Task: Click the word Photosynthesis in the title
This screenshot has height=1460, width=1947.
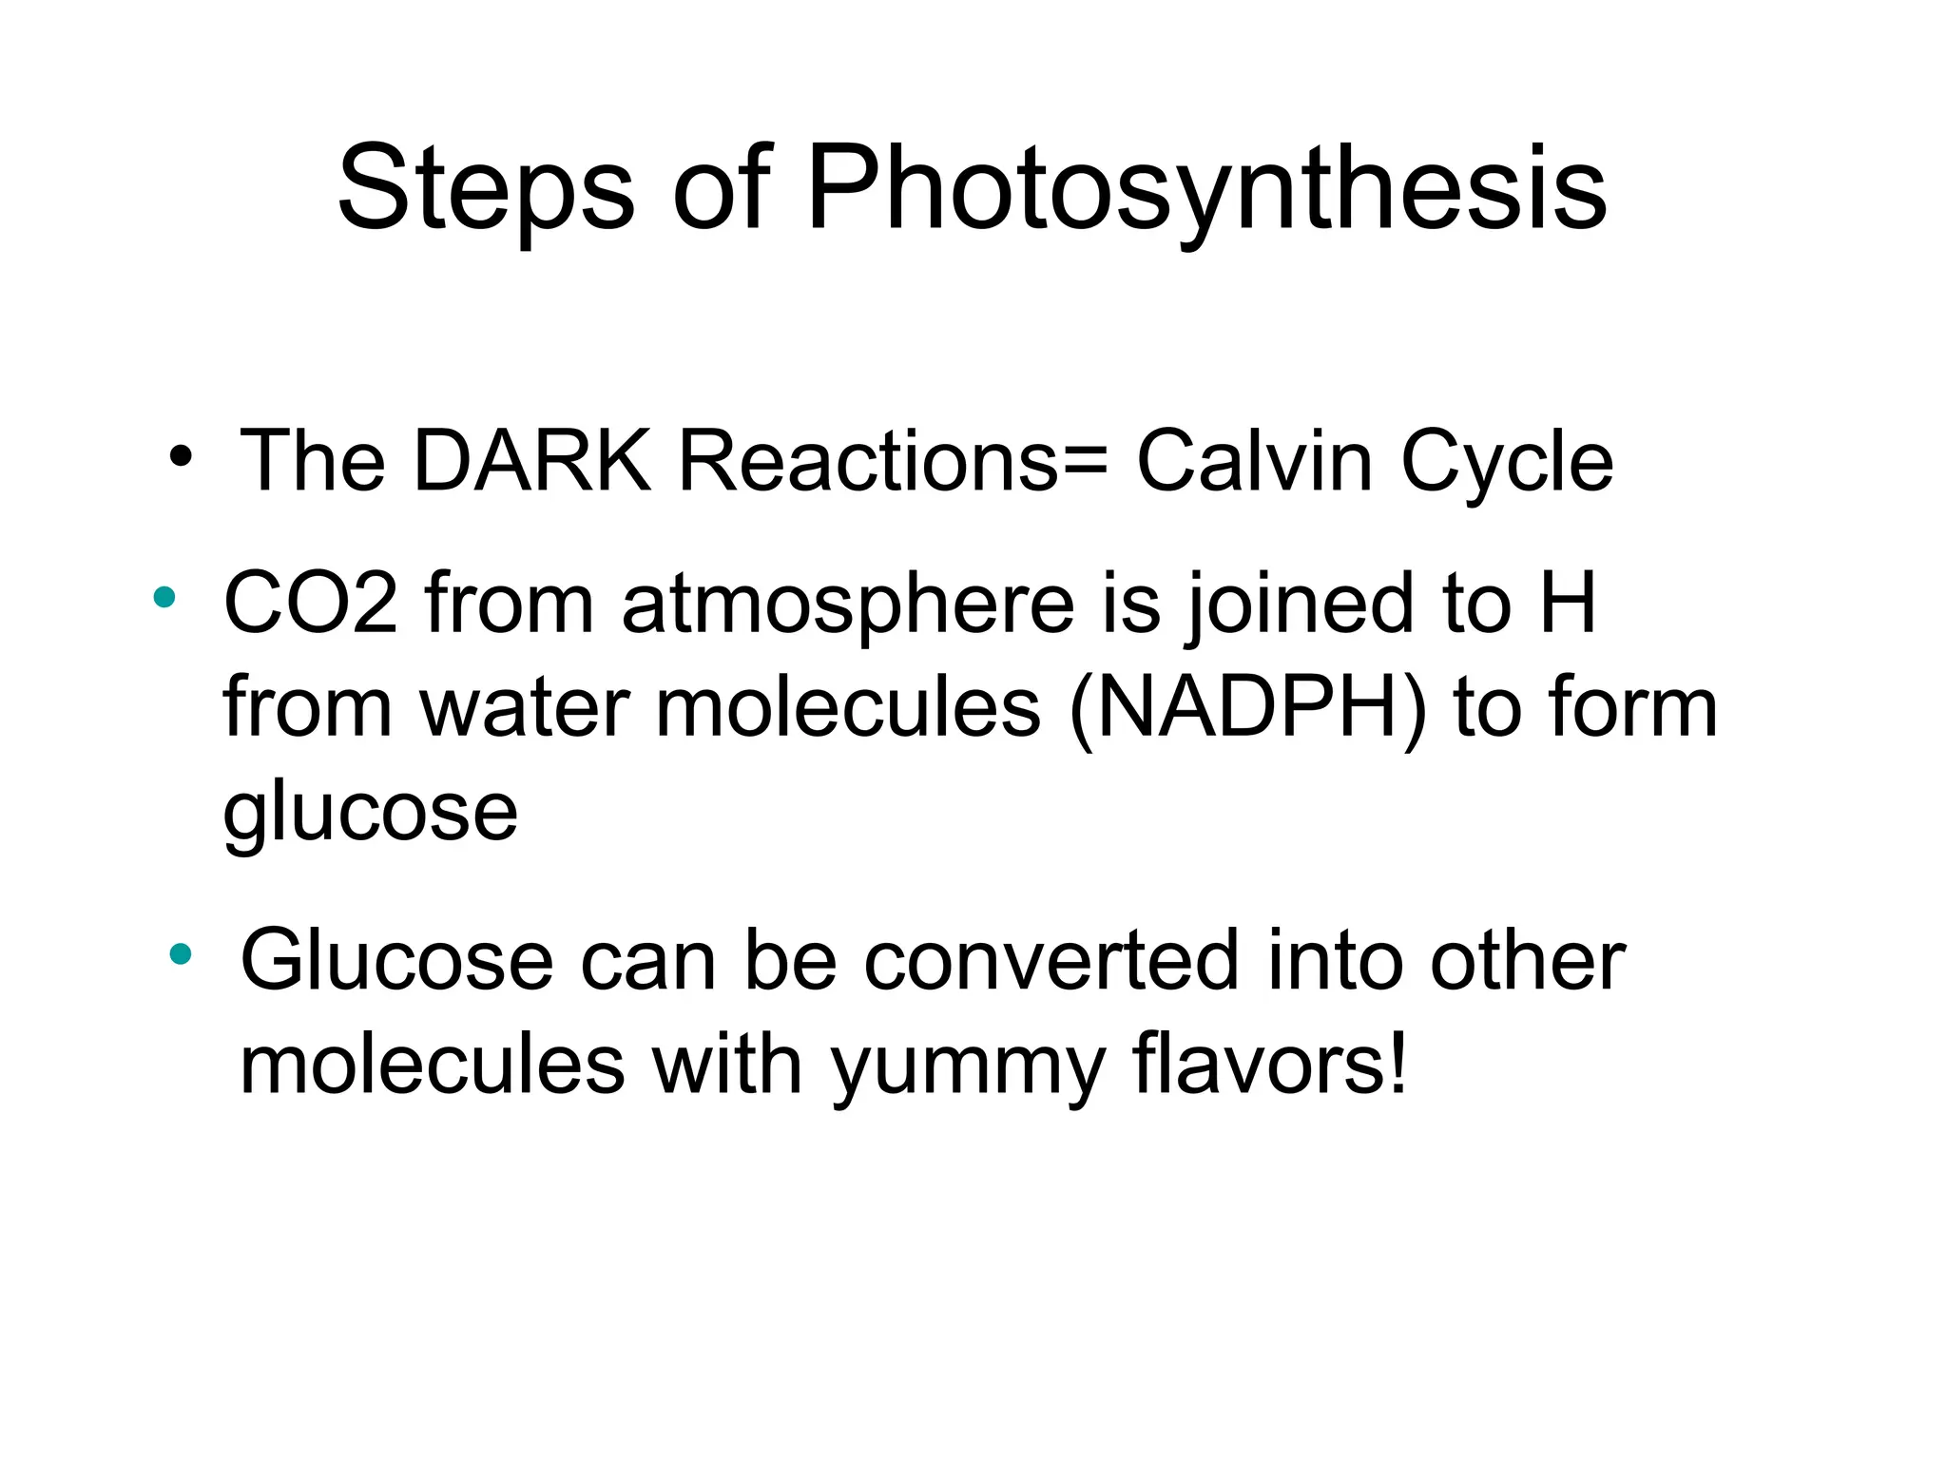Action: (x=1207, y=188)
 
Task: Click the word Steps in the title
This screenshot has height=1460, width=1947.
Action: (x=486, y=188)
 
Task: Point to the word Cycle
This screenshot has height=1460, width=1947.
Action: (x=1507, y=463)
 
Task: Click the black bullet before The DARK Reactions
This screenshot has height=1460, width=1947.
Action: (x=181, y=458)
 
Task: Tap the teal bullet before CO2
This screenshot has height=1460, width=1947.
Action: (x=164, y=597)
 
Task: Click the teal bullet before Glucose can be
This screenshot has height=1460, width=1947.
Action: (x=181, y=953)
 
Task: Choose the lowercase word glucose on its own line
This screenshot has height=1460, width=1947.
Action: (x=371, y=814)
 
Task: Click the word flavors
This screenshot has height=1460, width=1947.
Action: (x=1269, y=1064)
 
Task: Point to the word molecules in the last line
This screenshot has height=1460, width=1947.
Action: (x=433, y=1064)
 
